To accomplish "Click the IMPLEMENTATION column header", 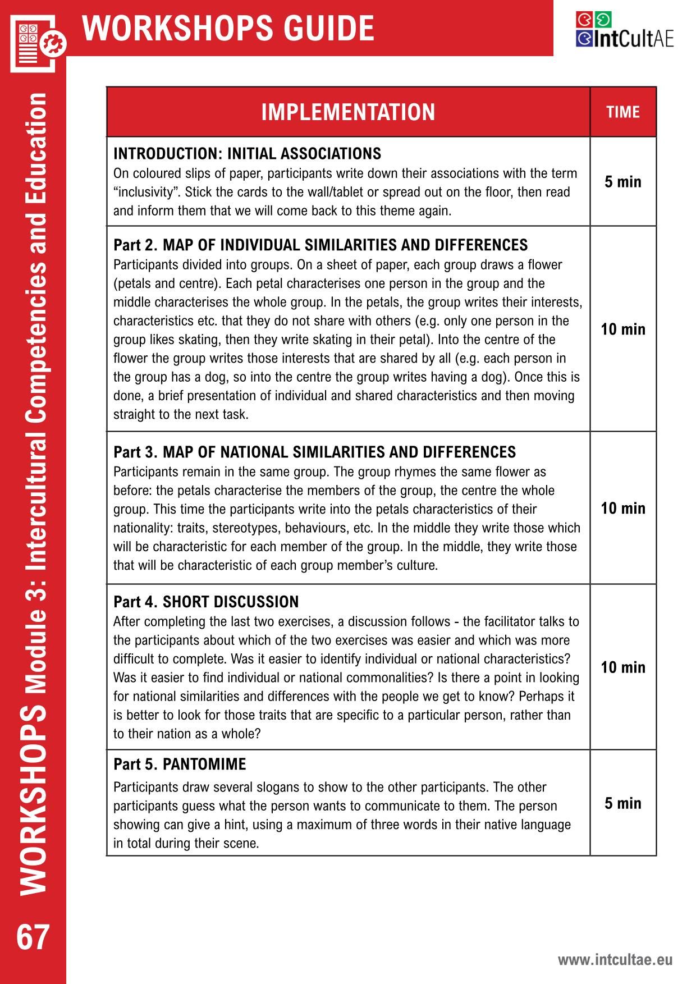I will (x=348, y=112).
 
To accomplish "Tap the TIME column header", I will (x=623, y=112).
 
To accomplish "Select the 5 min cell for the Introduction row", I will (x=623, y=182).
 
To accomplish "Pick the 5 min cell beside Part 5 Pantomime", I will (x=623, y=803).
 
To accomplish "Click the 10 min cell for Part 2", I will (x=623, y=329).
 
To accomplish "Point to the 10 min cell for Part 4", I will (x=623, y=667).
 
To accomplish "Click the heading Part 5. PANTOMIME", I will (x=180, y=764).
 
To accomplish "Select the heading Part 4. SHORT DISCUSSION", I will (x=206, y=602).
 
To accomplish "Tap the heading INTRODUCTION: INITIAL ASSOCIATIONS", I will (x=247, y=153).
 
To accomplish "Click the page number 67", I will (x=33, y=937).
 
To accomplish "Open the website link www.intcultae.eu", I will (x=615, y=959).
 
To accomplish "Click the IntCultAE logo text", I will (x=625, y=39).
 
